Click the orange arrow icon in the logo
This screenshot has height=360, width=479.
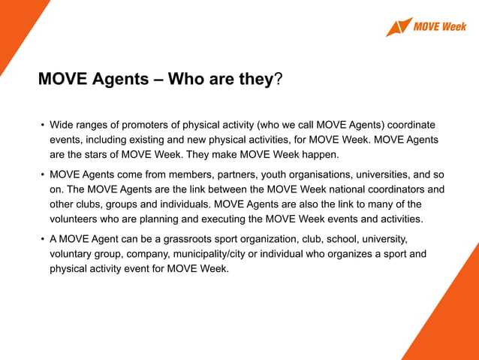pyautogui.click(x=399, y=26)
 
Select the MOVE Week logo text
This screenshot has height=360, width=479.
pyautogui.click(x=439, y=27)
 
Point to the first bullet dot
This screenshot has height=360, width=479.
pyautogui.click(x=43, y=125)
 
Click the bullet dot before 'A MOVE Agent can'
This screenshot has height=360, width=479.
pyautogui.click(x=43, y=240)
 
